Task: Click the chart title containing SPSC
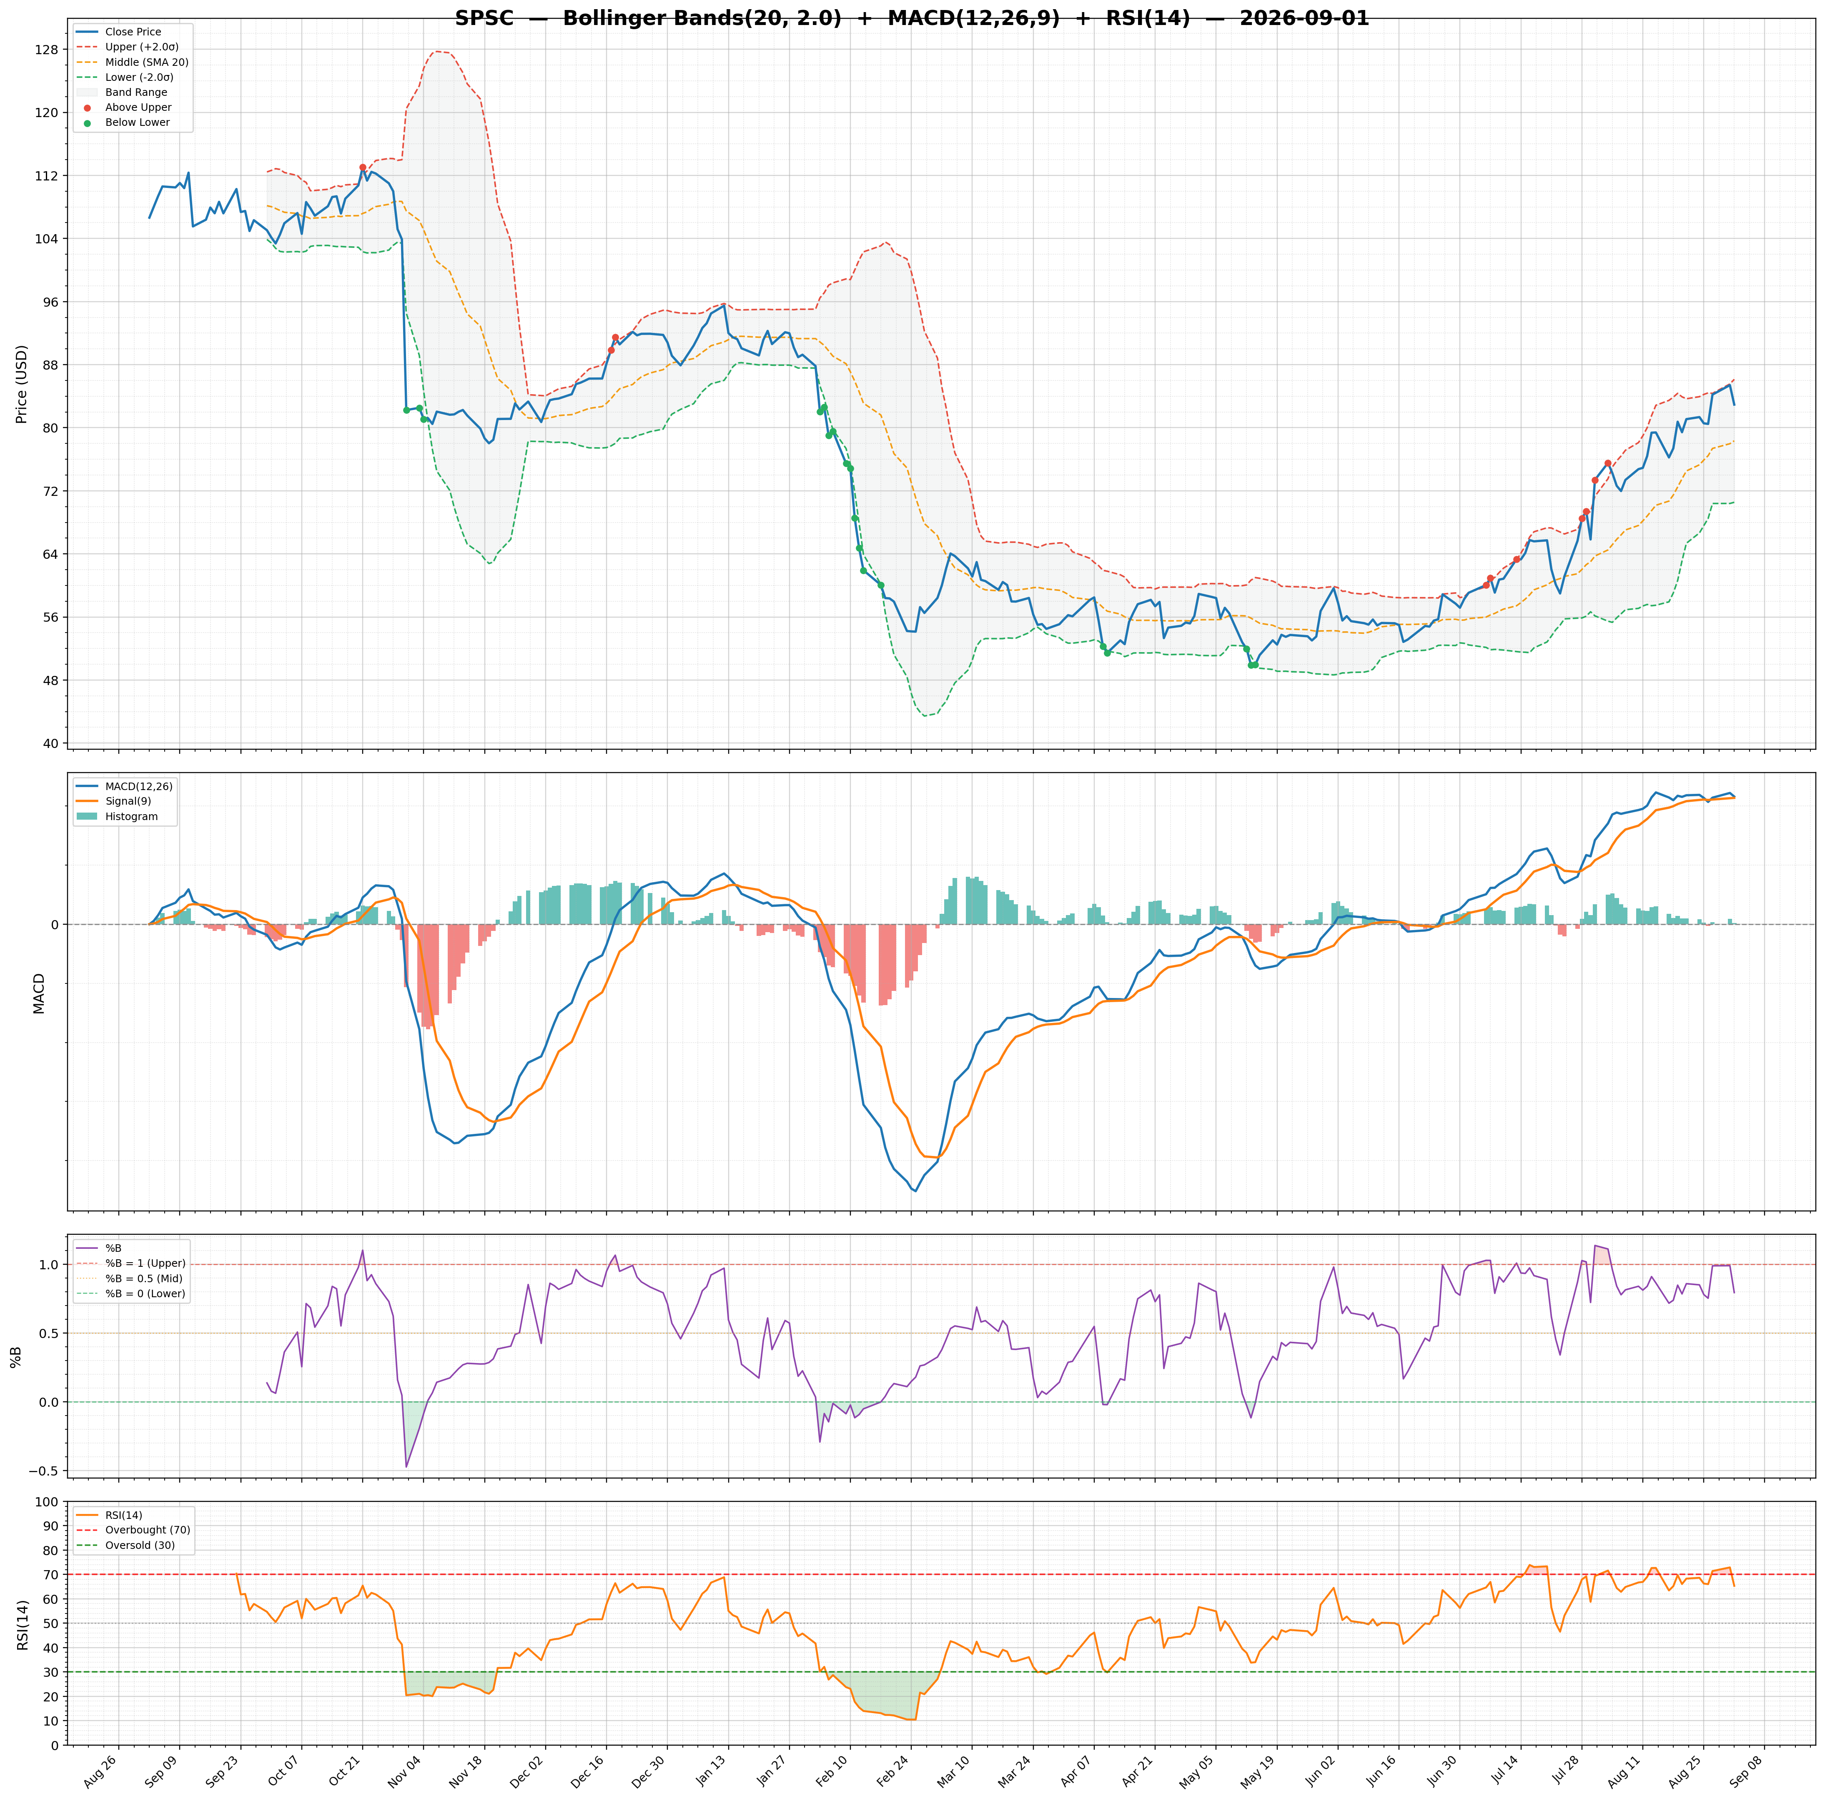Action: tap(912, 18)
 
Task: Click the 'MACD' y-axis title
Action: tap(39, 993)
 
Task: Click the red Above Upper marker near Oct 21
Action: tap(363, 167)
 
